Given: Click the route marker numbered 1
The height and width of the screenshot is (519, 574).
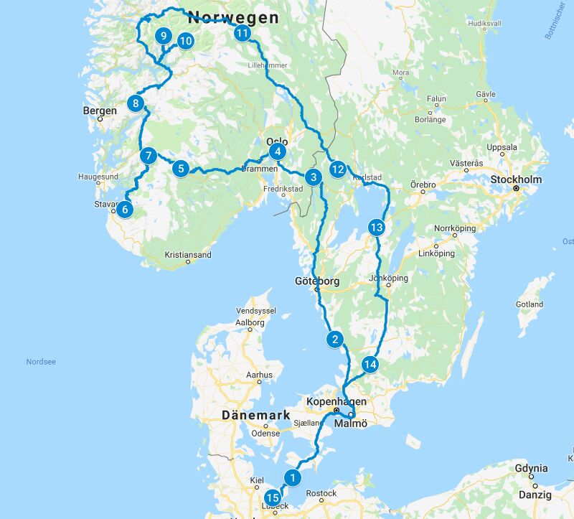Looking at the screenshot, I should click(x=291, y=476).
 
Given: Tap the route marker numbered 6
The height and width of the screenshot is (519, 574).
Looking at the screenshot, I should click(x=125, y=210).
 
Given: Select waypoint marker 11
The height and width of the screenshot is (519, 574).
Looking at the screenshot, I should click(x=243, y=33).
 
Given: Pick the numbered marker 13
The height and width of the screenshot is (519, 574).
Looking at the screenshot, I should click(x=377, y=228).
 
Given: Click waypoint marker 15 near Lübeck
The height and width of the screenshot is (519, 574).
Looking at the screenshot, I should click(x=272, y=497).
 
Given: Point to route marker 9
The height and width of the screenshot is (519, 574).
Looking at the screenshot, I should click(x=164, y=36).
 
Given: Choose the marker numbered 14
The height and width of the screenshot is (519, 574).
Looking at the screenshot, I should click(x=370, y=365).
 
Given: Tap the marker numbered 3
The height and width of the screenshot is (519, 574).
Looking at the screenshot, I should click(x=312, y=177).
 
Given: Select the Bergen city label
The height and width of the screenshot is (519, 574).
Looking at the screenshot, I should click(x=100, y=111).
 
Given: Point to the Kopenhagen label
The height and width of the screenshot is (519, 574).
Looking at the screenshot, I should click(x=337, y=401).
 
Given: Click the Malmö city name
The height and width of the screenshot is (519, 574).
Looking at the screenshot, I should click(x=352, y=424).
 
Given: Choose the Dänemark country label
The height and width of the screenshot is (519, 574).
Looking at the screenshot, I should click(x=255, y=415).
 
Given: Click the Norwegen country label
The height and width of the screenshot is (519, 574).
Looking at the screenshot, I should click(x=232, y=17).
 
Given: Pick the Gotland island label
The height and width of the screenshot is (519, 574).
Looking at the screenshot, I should click(x=530, y=304).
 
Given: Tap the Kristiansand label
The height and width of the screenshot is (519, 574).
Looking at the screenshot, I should click(x=188, y=254).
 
